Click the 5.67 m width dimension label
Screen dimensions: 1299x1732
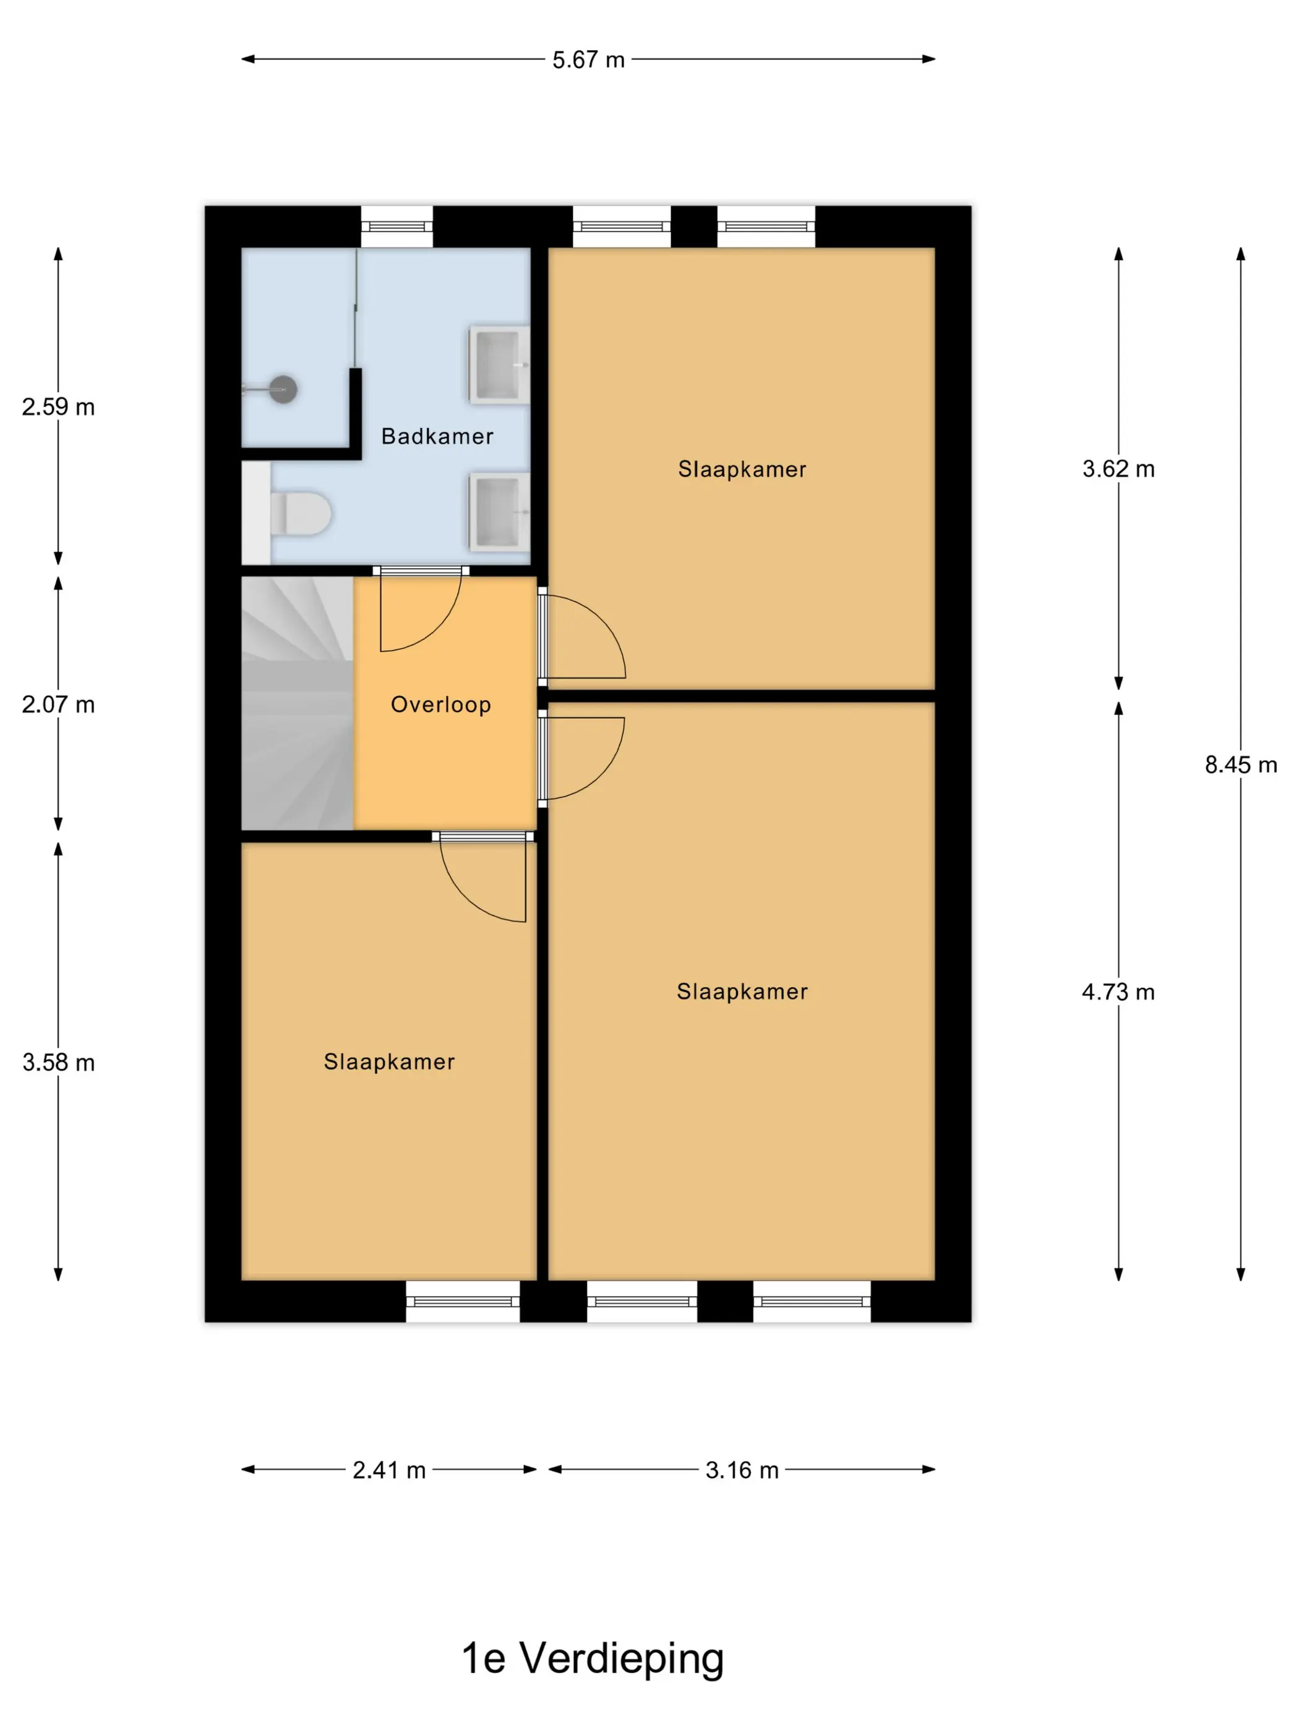point(588,59)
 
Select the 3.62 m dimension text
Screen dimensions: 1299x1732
point(1118,468)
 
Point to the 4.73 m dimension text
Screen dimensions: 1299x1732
point(1118,992)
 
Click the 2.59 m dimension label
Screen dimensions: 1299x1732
point(58,406)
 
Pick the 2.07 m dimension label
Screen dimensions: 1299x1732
point(58,704)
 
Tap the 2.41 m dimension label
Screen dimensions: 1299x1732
point(388,1470)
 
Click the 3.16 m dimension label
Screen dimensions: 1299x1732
point(742,1470)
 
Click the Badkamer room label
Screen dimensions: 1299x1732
point(437,436)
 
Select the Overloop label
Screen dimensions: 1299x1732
point(441,705)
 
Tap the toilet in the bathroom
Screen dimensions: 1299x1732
point(300,513)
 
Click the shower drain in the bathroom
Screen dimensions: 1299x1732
point(283,388)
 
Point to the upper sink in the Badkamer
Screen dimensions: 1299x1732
point(499,365)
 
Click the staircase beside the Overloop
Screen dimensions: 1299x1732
point(297,703)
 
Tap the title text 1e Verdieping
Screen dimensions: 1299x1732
point(593,1658)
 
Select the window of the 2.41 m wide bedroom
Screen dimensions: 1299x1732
point(463,1301)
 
